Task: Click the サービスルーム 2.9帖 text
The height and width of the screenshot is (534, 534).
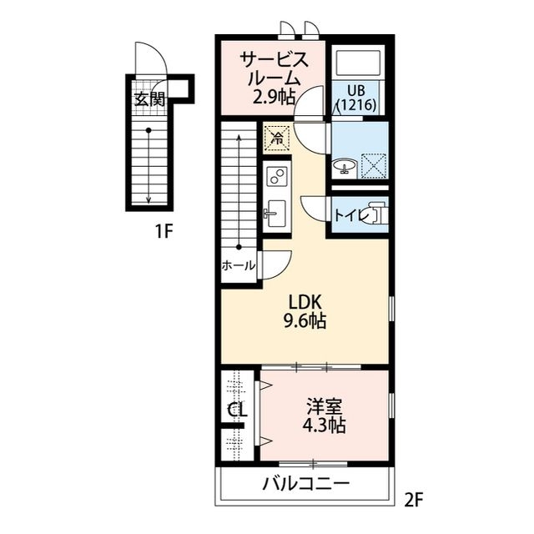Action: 273,78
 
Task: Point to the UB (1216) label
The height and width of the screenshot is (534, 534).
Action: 358,98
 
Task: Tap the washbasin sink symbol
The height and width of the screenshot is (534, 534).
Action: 344,167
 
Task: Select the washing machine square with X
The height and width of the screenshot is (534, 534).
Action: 372,165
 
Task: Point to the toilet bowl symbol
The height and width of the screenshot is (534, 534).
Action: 376,214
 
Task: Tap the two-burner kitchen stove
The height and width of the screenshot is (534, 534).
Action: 276,176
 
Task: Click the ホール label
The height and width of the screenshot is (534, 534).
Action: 239,265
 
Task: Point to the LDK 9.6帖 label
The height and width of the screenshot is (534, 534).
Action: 306,310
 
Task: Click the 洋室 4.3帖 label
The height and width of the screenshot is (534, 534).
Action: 325,416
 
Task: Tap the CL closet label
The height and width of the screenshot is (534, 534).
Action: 237,411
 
